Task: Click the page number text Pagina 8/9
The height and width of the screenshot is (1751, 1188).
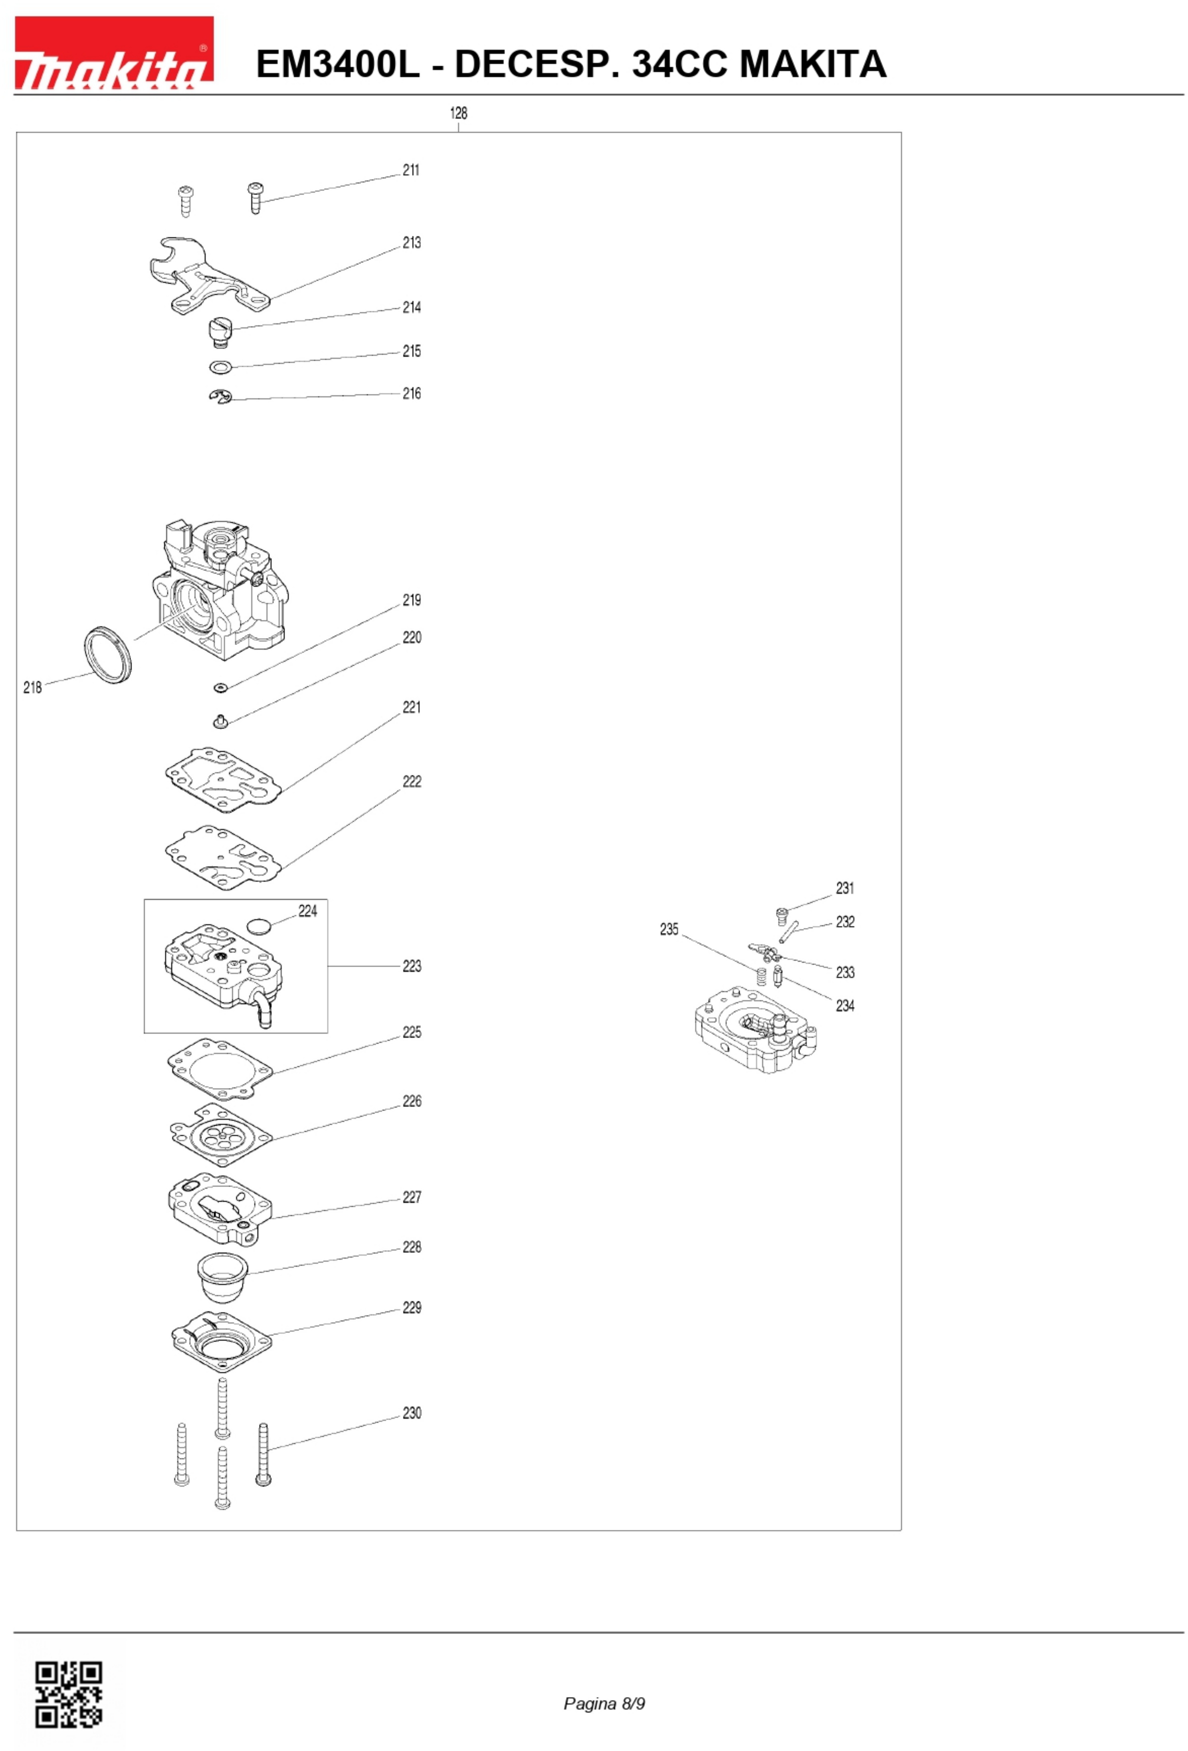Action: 604,1704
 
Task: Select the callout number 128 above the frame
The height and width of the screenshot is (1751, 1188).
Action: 458,113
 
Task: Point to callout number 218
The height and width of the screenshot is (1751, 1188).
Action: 32,687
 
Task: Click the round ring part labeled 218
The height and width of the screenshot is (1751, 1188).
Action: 107,654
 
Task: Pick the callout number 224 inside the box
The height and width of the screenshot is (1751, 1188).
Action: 307,911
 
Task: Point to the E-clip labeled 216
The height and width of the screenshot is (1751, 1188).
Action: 220,396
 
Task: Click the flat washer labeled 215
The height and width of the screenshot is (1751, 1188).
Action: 220,367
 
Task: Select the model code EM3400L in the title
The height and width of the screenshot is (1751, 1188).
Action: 337,63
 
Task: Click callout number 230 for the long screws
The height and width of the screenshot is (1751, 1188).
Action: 411,1413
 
